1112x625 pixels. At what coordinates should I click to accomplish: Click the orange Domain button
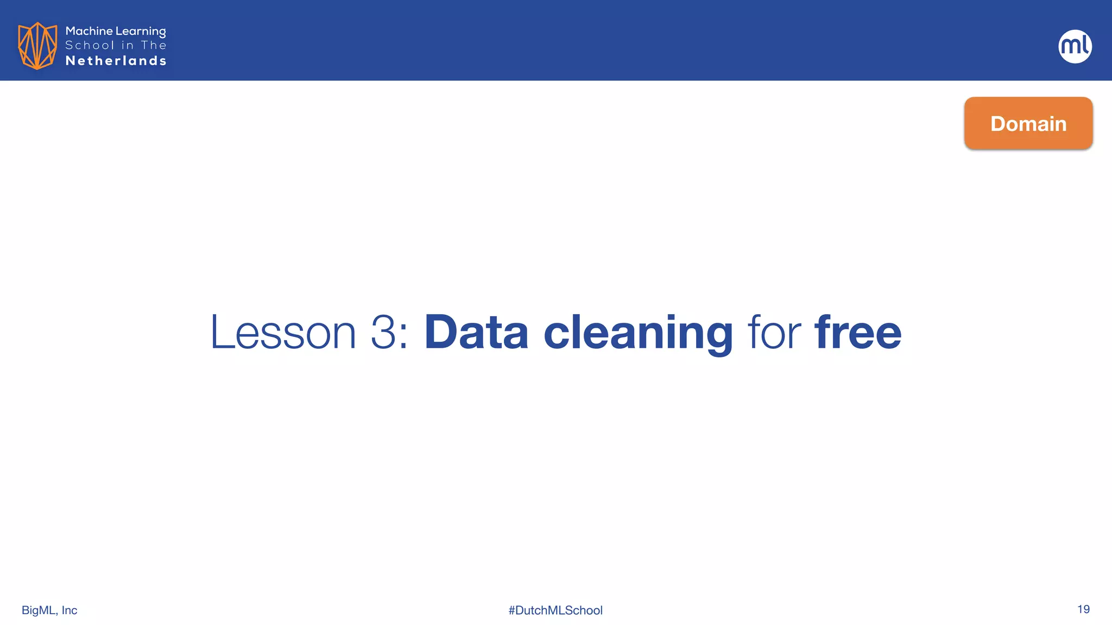coord(1028,123)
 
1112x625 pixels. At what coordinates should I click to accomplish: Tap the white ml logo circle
coord(1075,46)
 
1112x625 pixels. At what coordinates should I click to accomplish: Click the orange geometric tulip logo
coord(37,46)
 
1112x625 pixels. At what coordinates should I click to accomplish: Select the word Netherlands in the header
coord(116,61)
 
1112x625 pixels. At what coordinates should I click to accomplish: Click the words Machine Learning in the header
coord(116,31)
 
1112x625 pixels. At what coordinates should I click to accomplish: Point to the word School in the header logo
coord(90,46)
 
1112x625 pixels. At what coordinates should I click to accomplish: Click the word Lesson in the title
coord(282,332)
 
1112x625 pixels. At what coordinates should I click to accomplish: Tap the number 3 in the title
coord(383,332)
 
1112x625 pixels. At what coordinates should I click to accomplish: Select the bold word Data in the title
coord(476,332)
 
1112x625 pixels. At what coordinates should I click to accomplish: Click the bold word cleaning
coord(638,332)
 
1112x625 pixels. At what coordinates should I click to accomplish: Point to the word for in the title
coord(774,332)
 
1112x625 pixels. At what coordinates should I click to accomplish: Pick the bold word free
coord(858,332)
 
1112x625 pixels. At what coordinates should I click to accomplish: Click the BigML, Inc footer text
coord(49,610)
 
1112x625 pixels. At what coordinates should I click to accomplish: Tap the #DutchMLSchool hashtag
coord(555,610)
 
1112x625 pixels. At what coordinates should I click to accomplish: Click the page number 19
coord(1083,609)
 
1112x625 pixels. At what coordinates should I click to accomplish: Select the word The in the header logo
coord(154,46)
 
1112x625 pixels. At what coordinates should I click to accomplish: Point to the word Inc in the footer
coord(69,610)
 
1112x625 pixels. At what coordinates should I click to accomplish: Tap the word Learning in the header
coord(141,31)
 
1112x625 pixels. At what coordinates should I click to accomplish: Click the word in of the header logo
coord(127,46)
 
